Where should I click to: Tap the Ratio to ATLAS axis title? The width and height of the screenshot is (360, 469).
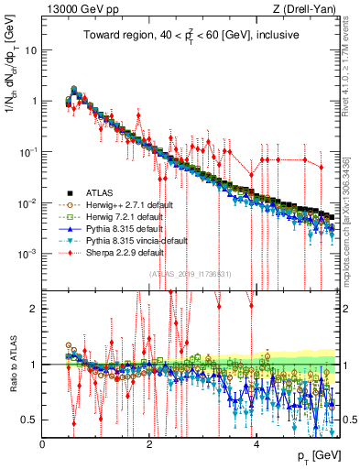(x=13, y=365)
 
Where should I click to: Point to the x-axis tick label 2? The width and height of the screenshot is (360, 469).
(x=150, y=443)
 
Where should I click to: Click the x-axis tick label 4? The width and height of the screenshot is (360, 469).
(x=256, y=443)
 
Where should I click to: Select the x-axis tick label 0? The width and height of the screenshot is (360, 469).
(x=43, y=443)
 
